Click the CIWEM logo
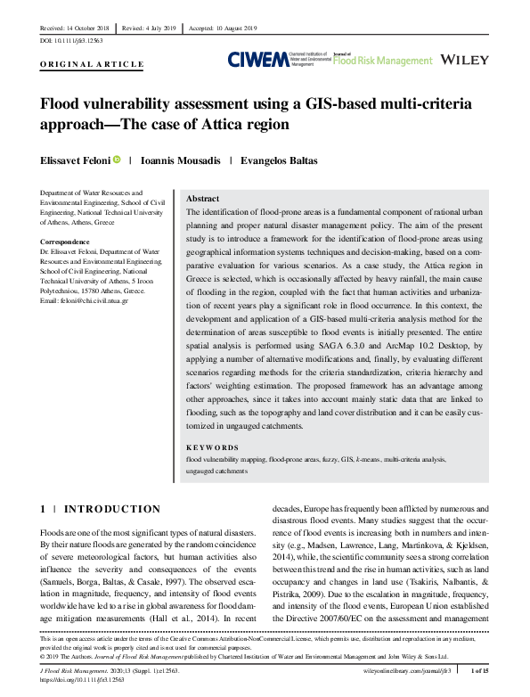point(257,60)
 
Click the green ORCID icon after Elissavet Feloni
point(117,160)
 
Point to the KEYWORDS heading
point(210,447)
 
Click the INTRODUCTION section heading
point(112,509)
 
